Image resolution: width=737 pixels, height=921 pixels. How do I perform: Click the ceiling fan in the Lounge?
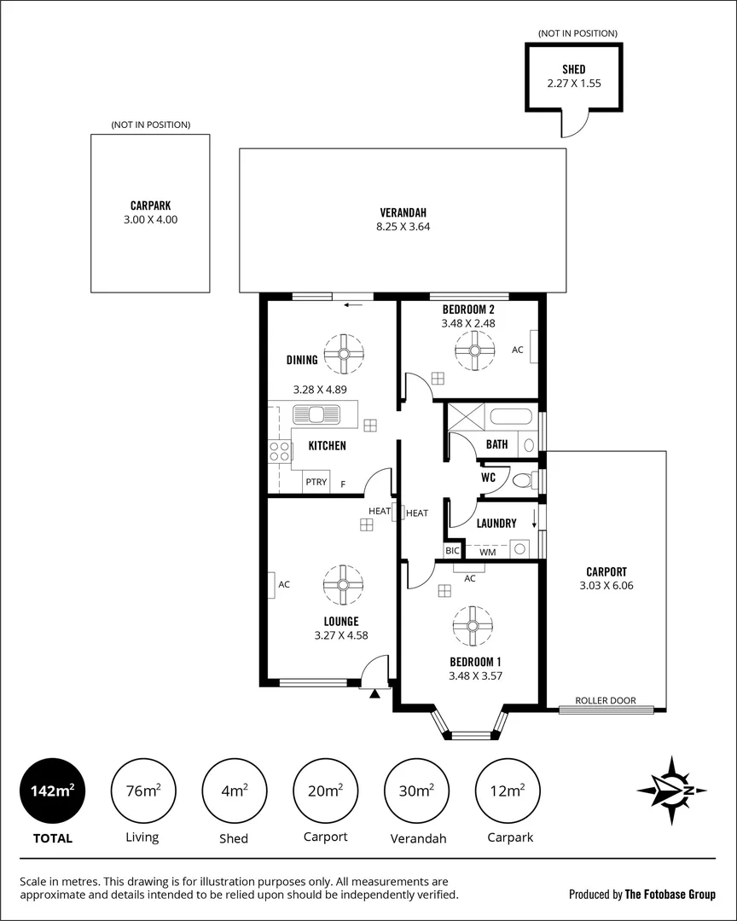343,584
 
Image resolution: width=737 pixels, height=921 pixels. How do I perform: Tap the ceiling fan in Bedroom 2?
475,350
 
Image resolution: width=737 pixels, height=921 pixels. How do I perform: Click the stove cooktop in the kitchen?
280,450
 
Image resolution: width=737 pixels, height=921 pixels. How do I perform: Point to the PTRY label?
316,483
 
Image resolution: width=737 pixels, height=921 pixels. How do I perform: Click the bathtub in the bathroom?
511,419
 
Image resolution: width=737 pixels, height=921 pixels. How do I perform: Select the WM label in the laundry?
487,553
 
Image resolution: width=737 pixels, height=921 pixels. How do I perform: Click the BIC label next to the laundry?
452,553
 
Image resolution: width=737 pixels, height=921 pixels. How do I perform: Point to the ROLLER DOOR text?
605,700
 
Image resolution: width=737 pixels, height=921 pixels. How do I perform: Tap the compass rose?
672,791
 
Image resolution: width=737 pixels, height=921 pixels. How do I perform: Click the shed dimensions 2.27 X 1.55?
574,84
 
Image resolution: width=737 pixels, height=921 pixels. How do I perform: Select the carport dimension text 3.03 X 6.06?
606,586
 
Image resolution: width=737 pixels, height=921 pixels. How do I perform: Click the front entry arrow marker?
374,695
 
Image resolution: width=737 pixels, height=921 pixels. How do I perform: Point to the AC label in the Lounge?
284,584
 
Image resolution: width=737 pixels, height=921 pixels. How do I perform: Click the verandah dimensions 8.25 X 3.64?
403,227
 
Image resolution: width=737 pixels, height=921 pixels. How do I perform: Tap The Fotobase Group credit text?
670,895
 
